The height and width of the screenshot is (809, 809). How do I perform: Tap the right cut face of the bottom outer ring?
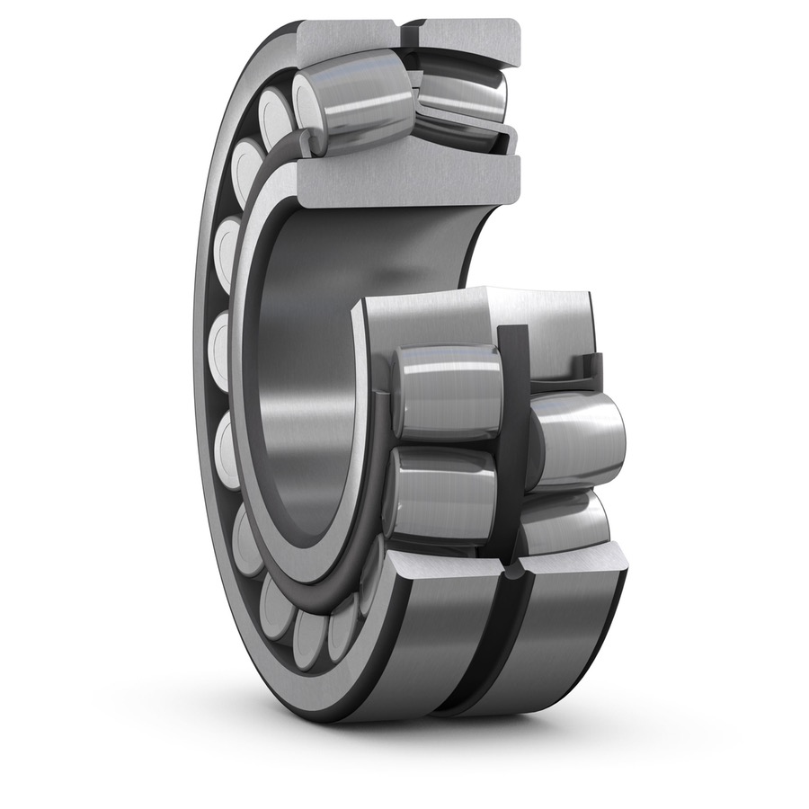(x=575, y=566)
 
